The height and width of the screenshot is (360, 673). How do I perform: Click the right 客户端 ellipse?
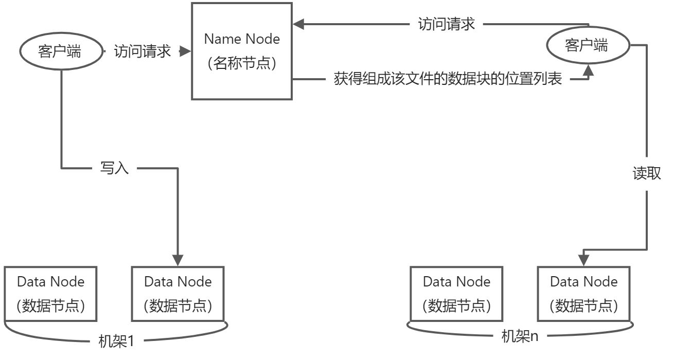(x=587, y=46)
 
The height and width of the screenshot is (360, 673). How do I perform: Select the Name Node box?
(x=242, y=51)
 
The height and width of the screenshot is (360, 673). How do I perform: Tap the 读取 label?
(x=647, y=173)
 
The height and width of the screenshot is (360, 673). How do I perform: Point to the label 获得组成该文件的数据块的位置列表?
(x=448, y=80)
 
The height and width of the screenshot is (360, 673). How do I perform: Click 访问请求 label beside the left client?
(x=142, y=51)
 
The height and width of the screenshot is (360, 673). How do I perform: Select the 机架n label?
(x=520, y=337)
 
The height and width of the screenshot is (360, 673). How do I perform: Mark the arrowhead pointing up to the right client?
(x=588, y=73)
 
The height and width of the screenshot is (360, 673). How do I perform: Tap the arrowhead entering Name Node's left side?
(x=185, y=51)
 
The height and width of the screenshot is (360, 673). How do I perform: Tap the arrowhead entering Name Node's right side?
(x=299, y=24)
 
